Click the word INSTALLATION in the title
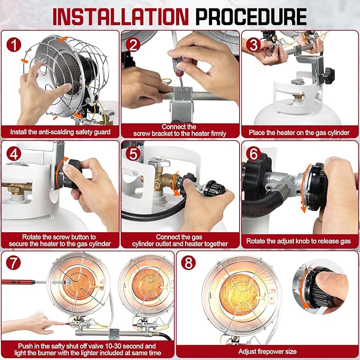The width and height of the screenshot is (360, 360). pyautogui.click(x=120, y=16)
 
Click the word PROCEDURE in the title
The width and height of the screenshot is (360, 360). pyautogui.click(x=251, y=16)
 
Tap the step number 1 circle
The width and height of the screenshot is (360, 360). pyautogui.click(x=14, y=45)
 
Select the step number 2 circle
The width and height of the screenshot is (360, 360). pyautogui.click(x=133, y=45)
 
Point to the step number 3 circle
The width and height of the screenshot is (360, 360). pyautogui.click(x=253, y=45)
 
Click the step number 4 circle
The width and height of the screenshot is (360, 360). pyautogui.click(x=14, y=154)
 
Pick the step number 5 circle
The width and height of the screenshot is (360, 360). pyautogui.click(x=133, y=154)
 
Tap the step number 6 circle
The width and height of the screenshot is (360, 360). pyautogui.click(x=253, y=154)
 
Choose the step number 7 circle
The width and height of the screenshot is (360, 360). pyautogui.click(x=13, y=262)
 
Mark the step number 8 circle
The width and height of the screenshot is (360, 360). pyautogui.click(x=189, y=262)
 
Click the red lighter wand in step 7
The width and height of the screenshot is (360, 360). pyautogui.click(x=19, y=282)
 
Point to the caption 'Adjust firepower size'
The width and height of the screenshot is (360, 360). pyautogui.click(x=267, y=352)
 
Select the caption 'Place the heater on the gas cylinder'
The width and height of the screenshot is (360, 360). pyautogui.click(x=299, y=133)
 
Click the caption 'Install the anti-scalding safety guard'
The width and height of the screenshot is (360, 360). pyautogui.click(x=60, y=132)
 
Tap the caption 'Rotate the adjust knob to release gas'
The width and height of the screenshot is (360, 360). pyautogui.click(x=298, y=241)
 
